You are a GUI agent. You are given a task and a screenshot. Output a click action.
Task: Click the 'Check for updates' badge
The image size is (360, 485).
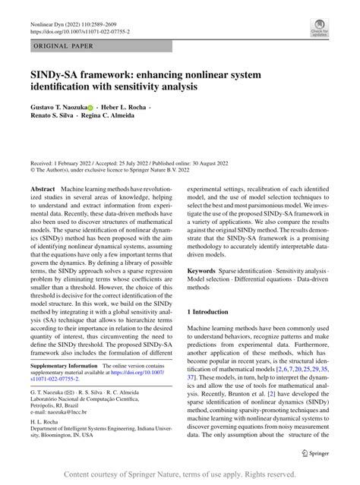click(319, 29)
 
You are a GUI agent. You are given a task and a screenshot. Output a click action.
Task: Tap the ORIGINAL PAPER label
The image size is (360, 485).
click(62, 47)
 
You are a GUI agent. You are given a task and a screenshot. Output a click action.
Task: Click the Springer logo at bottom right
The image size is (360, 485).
click(314, 453)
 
